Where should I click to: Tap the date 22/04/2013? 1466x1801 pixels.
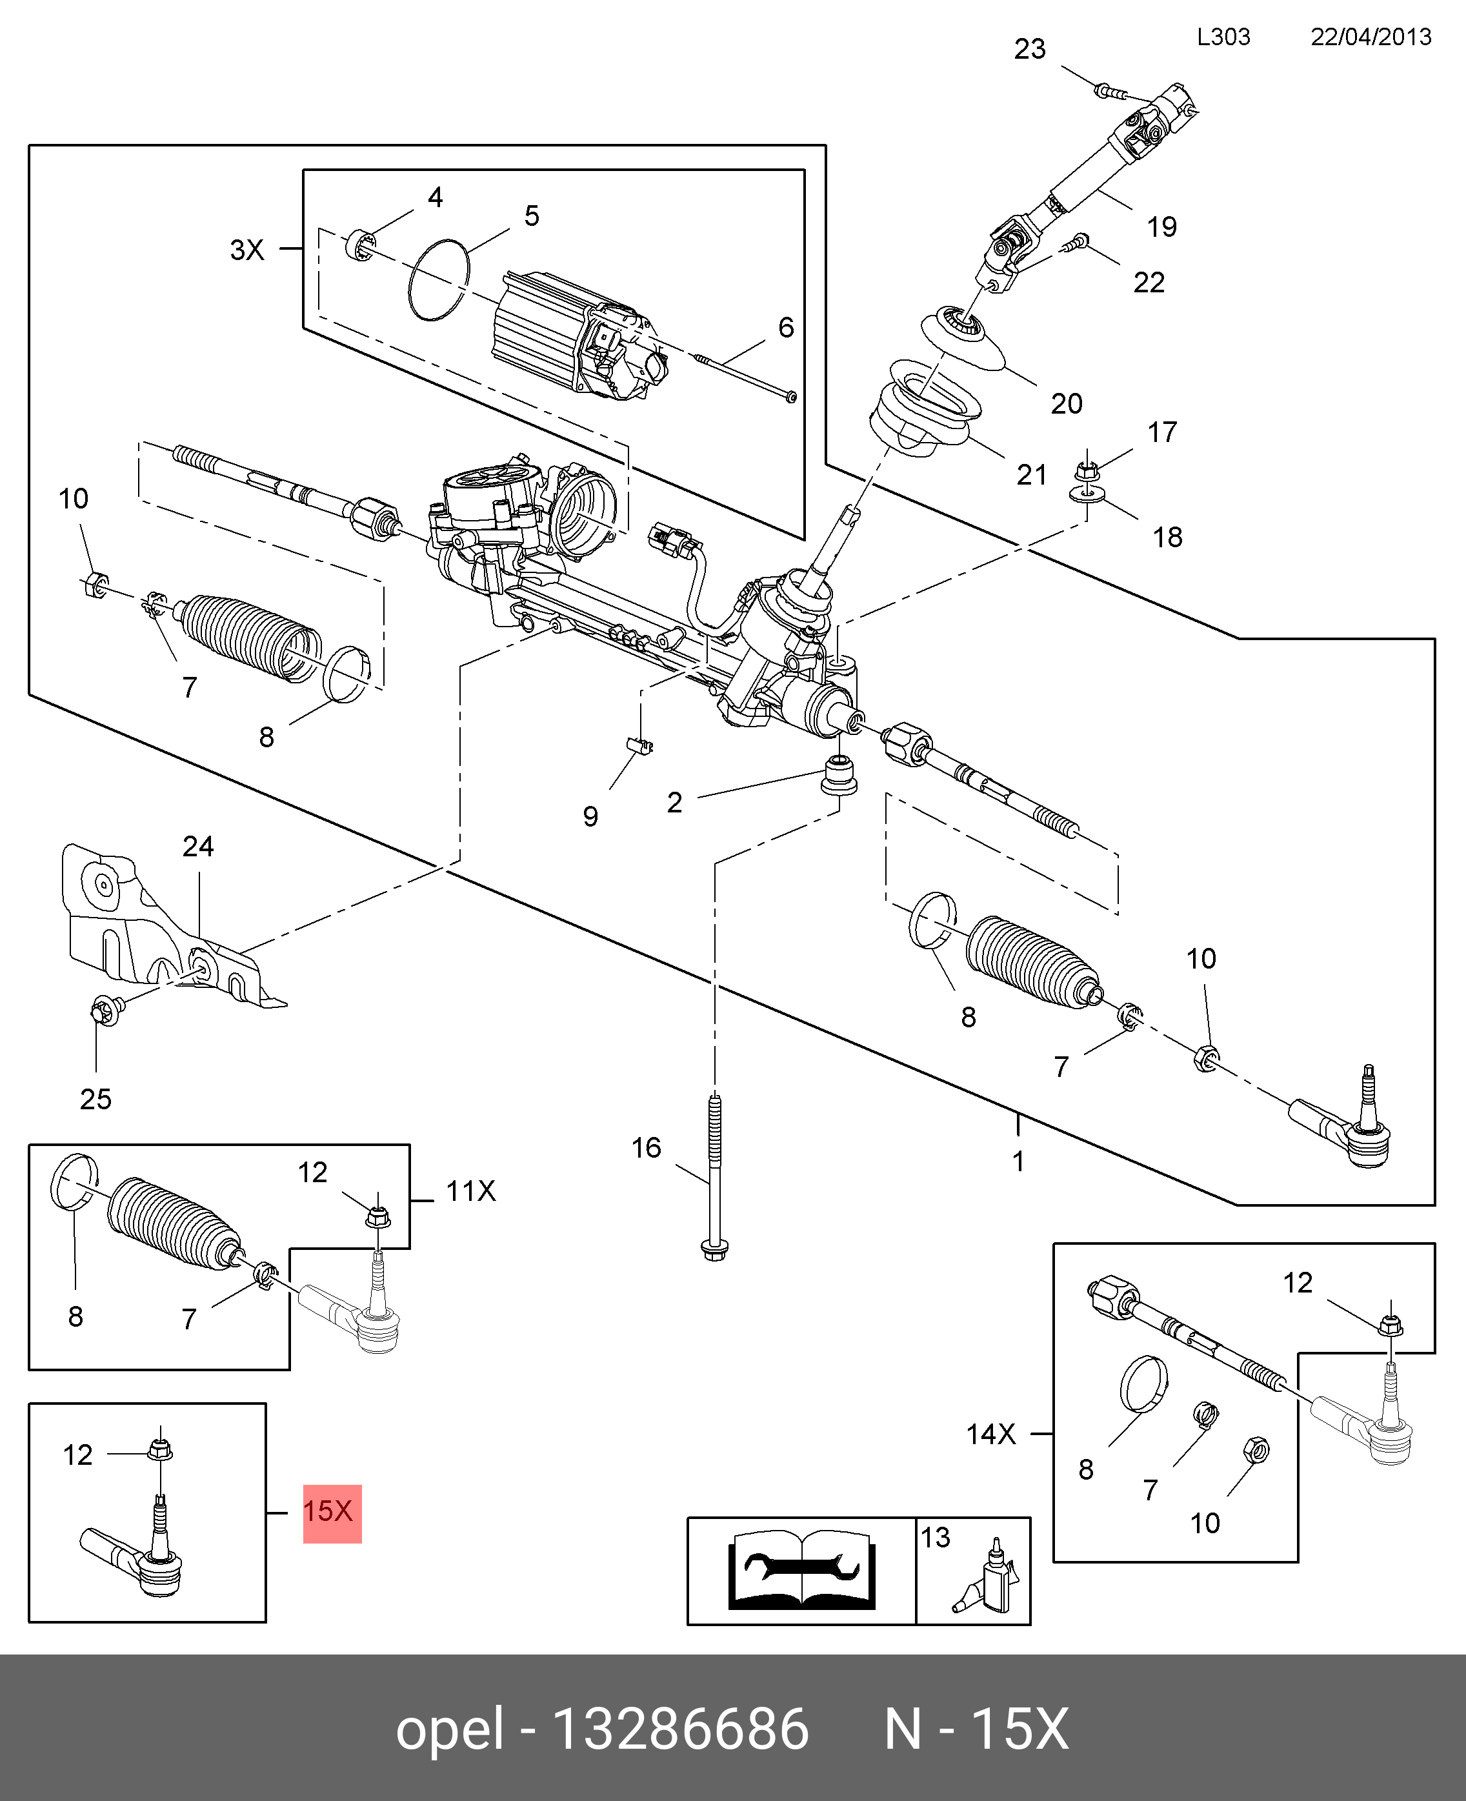(x=1370, y=37)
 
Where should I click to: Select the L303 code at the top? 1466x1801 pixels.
(x=1223, y=37)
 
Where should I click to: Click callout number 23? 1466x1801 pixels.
(x=1029, y=49)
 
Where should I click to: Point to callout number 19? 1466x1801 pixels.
(x=1161, y=226)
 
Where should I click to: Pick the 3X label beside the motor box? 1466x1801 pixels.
(x=247, y=250)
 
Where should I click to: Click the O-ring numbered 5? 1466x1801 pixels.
(x=438, y=280)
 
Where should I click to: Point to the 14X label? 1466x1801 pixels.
(x=990, y=1434)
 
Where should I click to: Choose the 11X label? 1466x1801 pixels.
(x=470, y=1191)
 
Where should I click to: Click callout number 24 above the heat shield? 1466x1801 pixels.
(x=199, y=846)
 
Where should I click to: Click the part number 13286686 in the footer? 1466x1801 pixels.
(x=680, y=1730)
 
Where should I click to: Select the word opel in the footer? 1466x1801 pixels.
(x=450, y=1730)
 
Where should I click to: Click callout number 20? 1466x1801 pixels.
(x=1066, y=403)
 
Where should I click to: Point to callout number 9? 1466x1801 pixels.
(x=590, y=816)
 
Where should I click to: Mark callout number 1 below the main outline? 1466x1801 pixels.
(x=1018, y=1162)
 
